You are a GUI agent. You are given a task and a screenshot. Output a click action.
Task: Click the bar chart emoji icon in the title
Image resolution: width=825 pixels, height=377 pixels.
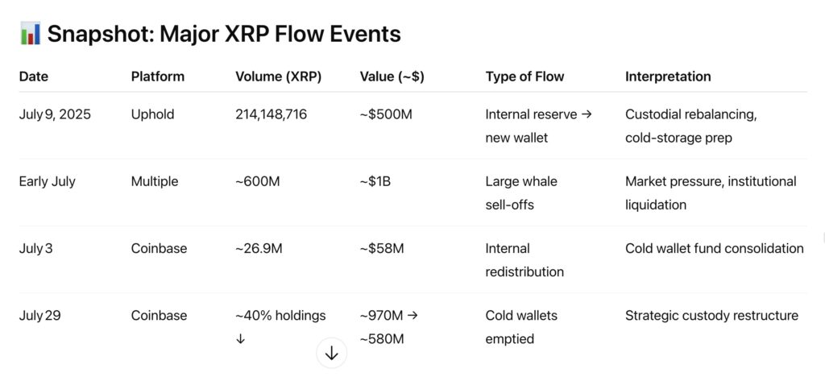point(30,34)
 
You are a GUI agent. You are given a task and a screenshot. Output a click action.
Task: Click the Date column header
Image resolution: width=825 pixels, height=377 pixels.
point(34,77)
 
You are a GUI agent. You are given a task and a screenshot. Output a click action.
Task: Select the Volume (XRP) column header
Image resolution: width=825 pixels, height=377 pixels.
point(278,77)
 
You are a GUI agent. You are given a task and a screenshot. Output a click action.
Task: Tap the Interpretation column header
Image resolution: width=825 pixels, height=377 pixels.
point(668,77)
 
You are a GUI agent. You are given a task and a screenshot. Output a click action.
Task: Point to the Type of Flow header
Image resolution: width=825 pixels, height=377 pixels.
point(524,77)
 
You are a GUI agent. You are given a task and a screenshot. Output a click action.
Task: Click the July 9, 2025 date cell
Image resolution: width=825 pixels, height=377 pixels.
point(55,114)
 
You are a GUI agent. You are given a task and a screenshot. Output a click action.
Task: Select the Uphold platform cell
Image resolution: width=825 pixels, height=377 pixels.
point(152,114)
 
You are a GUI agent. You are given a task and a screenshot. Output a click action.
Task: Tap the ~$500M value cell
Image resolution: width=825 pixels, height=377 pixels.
point(386,114)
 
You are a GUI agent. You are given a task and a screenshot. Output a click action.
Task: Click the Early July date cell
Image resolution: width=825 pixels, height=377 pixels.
point(48,182)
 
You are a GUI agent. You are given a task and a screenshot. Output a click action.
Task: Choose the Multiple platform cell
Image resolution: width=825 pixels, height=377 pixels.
point(155,181)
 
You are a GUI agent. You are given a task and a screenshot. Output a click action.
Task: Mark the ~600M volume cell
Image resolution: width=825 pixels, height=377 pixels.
point(258,182)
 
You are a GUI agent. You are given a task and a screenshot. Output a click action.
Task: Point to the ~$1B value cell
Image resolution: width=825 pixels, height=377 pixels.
point(375,182)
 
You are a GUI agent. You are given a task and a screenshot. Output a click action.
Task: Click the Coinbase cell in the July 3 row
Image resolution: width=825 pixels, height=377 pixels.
point(159,248)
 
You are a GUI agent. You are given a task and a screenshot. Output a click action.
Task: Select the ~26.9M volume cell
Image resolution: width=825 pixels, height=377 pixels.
point(259,248)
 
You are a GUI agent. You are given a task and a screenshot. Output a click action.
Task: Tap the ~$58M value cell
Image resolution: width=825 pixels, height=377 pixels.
point(382,248)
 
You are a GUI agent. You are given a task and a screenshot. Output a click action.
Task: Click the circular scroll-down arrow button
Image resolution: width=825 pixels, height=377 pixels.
point(331,354)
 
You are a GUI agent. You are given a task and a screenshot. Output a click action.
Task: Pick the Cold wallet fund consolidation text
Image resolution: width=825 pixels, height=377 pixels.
point(715,248)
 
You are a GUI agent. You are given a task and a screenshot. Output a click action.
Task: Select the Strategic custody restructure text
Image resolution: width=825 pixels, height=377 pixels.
point(712,316)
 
